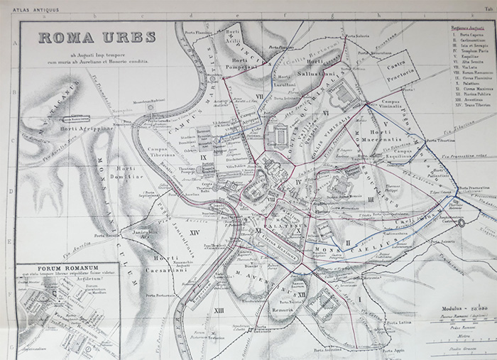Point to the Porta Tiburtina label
pos(441,141)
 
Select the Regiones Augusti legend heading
pos(466,27)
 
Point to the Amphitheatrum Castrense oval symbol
pos(463,222)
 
